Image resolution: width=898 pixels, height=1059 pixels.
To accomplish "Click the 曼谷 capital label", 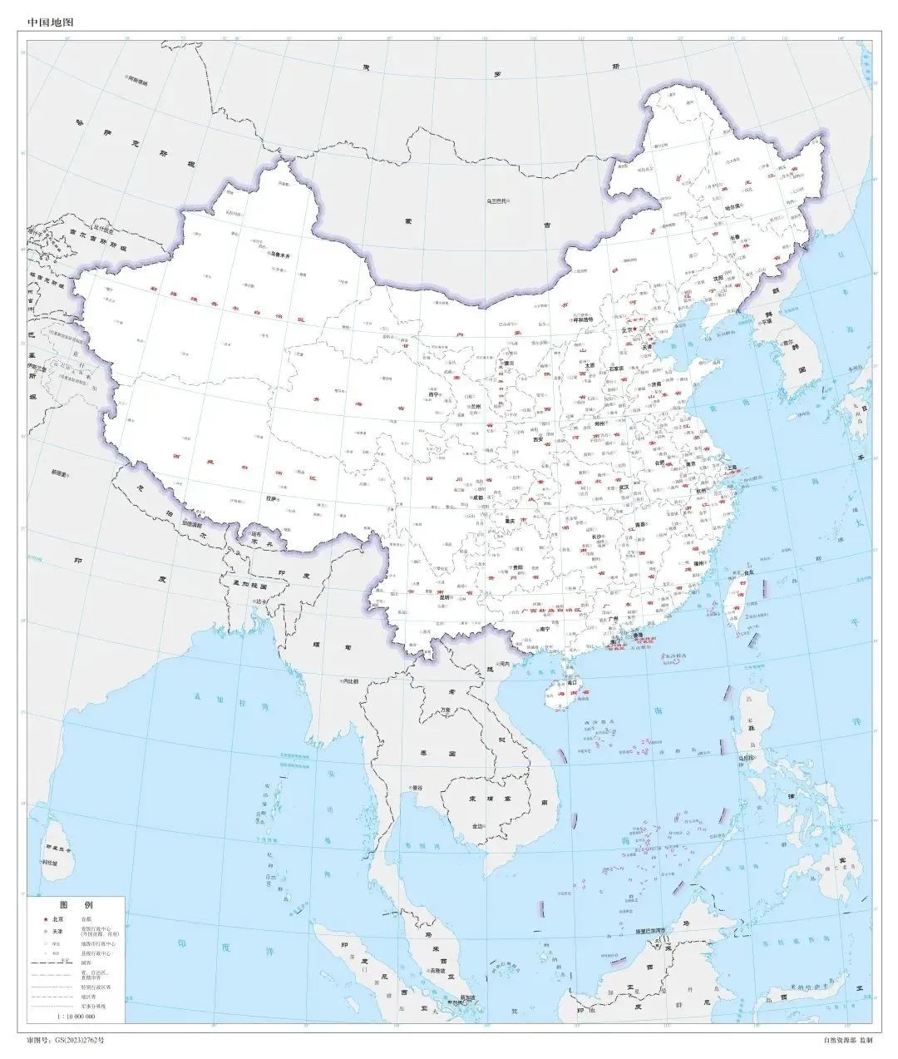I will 417,787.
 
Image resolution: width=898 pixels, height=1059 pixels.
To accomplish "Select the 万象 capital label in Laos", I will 446,710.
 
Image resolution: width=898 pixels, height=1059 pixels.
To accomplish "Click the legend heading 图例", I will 76,904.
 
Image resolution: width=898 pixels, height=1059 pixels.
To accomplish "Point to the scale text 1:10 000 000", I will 76,1017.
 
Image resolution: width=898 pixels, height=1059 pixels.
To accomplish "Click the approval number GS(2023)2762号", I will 66,1040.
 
